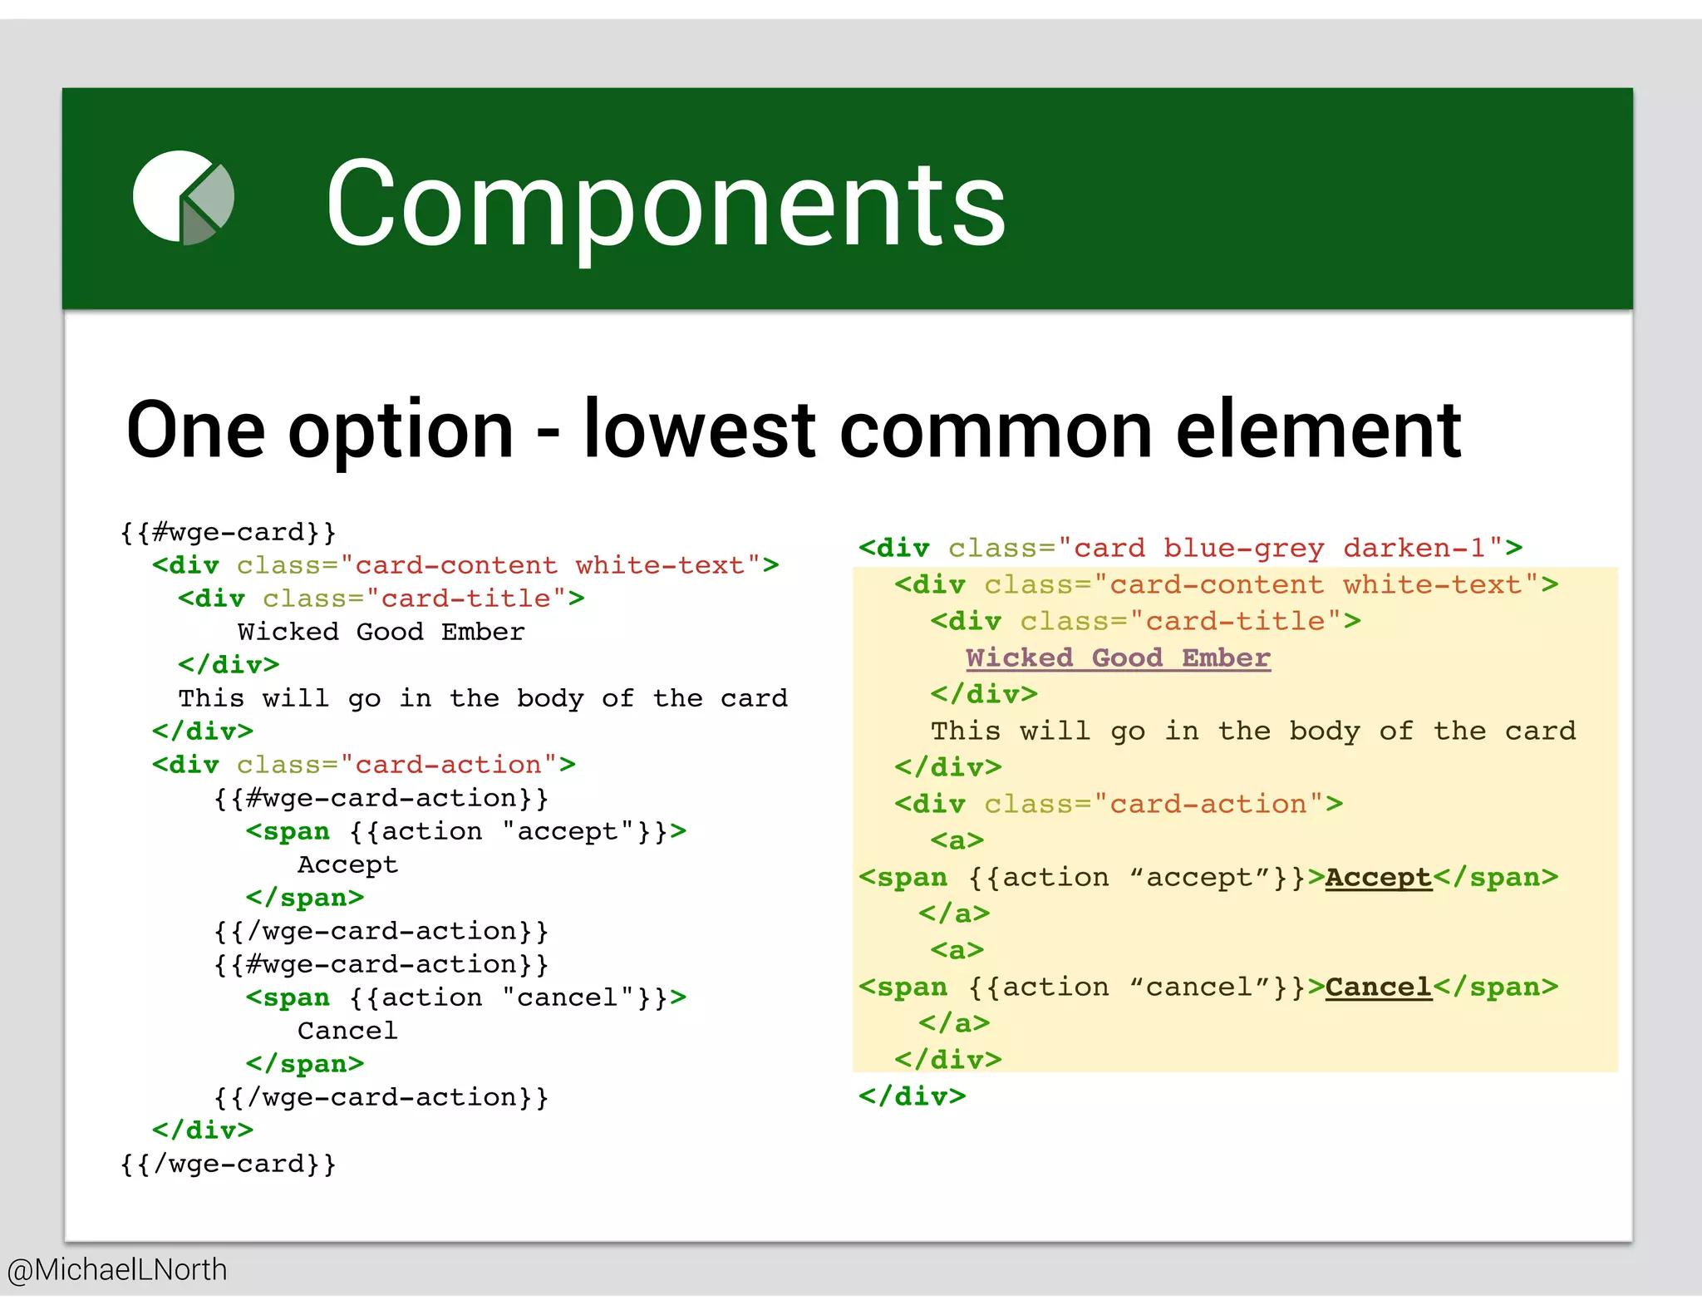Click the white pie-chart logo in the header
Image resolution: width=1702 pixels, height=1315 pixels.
coord(183,198)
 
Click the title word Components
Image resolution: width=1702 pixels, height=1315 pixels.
coord(665,204)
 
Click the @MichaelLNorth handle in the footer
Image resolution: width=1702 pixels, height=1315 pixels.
coord(117,1270)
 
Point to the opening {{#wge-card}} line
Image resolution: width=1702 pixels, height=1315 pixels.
coord(229,532)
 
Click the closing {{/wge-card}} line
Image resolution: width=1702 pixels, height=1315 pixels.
coord(229,1164)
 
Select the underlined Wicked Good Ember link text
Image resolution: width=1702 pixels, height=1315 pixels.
coord(1118,658)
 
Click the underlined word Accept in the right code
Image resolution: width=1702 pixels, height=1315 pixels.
coord(1378,878)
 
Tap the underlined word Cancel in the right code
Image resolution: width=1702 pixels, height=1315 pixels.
coord(1378,987)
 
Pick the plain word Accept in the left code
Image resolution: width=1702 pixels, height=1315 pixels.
coord(347,864)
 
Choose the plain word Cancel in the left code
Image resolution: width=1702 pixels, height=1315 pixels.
coord(347,1031)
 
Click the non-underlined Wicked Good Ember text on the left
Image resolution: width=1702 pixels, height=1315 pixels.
coord(381,632)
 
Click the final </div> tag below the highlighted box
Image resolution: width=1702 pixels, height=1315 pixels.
coord(912,1096)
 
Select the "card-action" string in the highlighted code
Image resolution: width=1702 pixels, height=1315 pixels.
coord(1208,805)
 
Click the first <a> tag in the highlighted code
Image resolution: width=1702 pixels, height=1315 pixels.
coord(957,841)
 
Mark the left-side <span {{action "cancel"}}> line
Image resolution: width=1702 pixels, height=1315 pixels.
coord(465,997)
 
